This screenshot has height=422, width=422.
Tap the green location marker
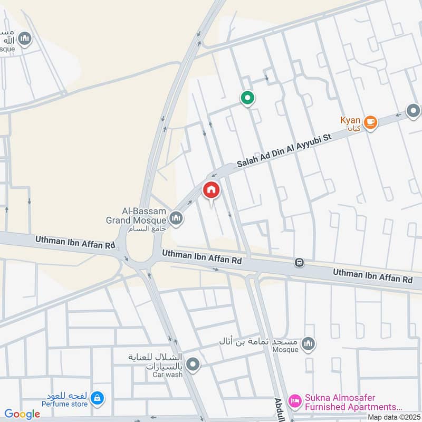[247, 98]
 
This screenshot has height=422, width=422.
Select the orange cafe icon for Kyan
[370, 122]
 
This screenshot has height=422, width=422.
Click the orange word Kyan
[350, 121]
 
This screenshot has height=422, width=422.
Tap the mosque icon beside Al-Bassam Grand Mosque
[176, 217]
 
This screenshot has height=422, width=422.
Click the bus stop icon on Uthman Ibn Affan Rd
[299, 262]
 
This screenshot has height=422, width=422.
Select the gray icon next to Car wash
[194, 364]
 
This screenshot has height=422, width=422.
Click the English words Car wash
[168, 375]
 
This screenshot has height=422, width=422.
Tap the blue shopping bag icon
[97, 399]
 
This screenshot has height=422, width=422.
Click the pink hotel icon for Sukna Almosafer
[295, 402]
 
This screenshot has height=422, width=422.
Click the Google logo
[22, 414]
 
